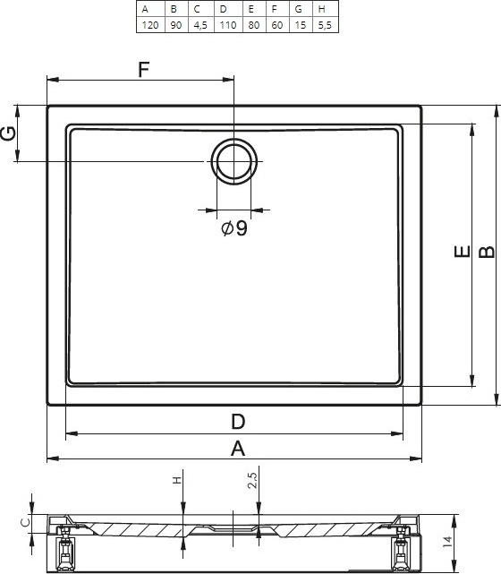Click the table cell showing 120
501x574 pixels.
pos(150,25)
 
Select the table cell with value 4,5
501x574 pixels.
pos(200,25)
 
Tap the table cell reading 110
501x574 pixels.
pos(228,25)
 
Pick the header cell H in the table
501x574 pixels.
pos(325,9)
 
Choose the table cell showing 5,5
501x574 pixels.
pos(325,25)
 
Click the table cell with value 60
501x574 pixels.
pos(277,25)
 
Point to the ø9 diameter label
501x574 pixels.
pos(234,228)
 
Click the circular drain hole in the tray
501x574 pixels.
pos(234,161)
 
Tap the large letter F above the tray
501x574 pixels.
pos(144,69)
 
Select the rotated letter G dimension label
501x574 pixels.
pos(9,133)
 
